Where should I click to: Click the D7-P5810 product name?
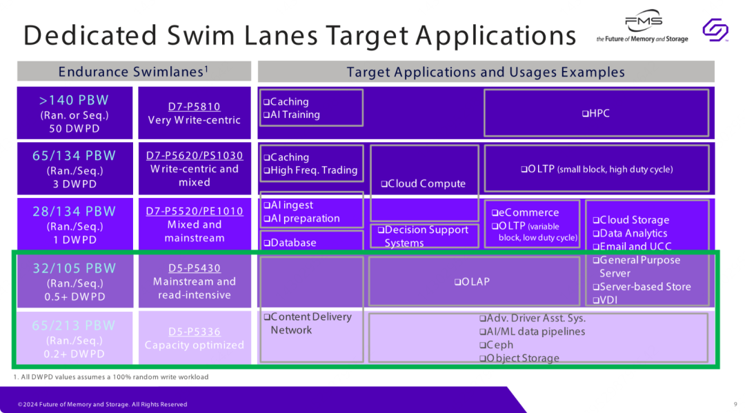195,106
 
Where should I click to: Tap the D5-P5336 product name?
195,331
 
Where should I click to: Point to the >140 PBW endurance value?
74,100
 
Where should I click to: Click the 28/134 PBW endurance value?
74,211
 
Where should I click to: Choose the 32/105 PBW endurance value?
74,268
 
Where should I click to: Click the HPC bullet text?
596,113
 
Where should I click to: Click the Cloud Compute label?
423,183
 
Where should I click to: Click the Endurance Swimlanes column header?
134,71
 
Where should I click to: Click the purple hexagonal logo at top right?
715,30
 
